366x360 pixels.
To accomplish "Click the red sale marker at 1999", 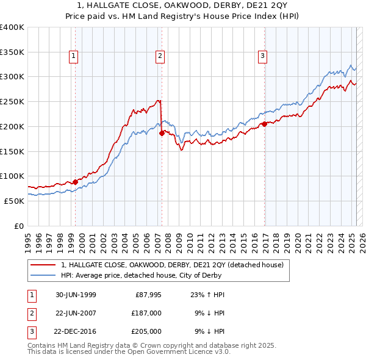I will [x=76, y=181].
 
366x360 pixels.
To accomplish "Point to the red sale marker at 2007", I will [x=162, y=132].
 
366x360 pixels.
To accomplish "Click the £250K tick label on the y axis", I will [x=12, y=101].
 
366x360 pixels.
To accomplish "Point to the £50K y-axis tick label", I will [x=15, y=201].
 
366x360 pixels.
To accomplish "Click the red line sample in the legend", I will [x=43, y=265].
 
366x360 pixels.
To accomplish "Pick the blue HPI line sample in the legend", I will [x=43, y=275].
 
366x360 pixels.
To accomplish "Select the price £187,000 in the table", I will [x=146, y=312].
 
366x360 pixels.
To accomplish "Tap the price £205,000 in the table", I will [x=146, y=331].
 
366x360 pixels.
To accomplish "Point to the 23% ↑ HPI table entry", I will [x=204, y=295].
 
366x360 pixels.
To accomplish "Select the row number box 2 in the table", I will [x=30, y=312].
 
